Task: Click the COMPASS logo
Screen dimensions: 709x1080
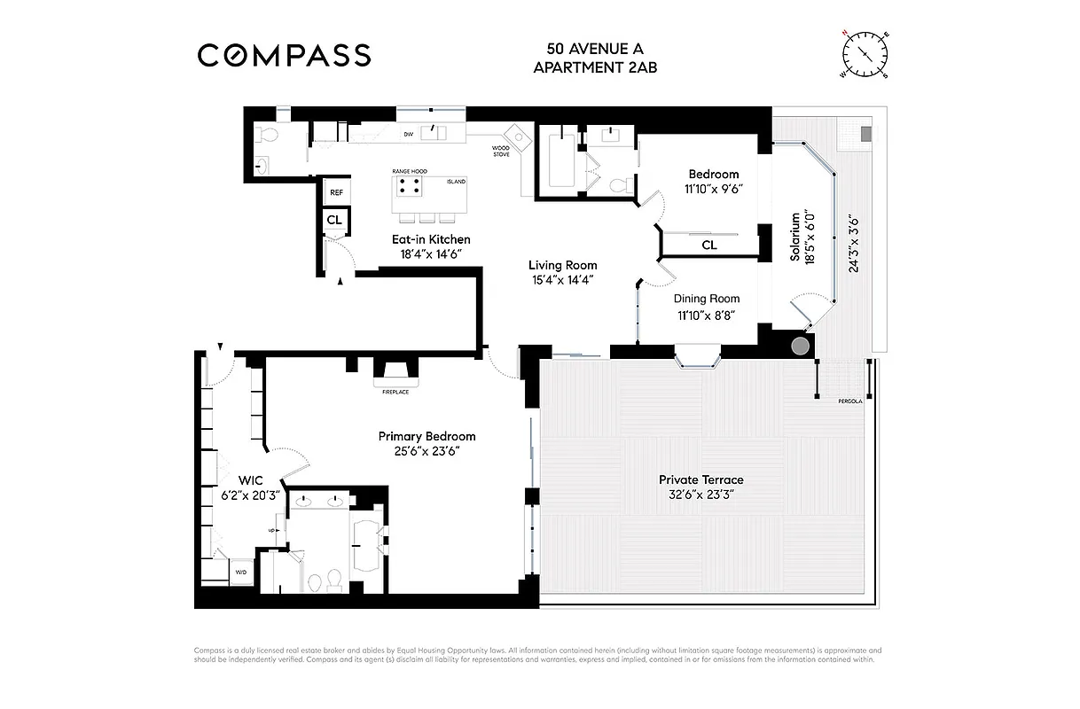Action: (284, 55)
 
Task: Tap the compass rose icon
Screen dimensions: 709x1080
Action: (864, 53)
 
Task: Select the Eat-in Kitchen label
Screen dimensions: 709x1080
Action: (431, 239)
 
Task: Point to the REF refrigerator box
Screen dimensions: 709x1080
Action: (336, 192)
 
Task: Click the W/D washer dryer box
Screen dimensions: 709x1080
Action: (241, 573)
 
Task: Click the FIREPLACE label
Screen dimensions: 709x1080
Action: (395, 392)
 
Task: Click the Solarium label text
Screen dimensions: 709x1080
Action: (794, 238)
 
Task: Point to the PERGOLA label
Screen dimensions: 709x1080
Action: (849, 401)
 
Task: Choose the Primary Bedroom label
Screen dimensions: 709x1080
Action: (427, 436)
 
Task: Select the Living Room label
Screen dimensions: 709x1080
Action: (562, 265)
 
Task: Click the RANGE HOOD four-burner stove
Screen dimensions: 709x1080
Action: (408, 187)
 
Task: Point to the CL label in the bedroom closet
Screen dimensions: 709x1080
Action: (708, 245)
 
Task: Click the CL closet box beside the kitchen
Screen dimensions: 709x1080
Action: (334, 219)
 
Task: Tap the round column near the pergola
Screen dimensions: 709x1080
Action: (800, 346)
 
